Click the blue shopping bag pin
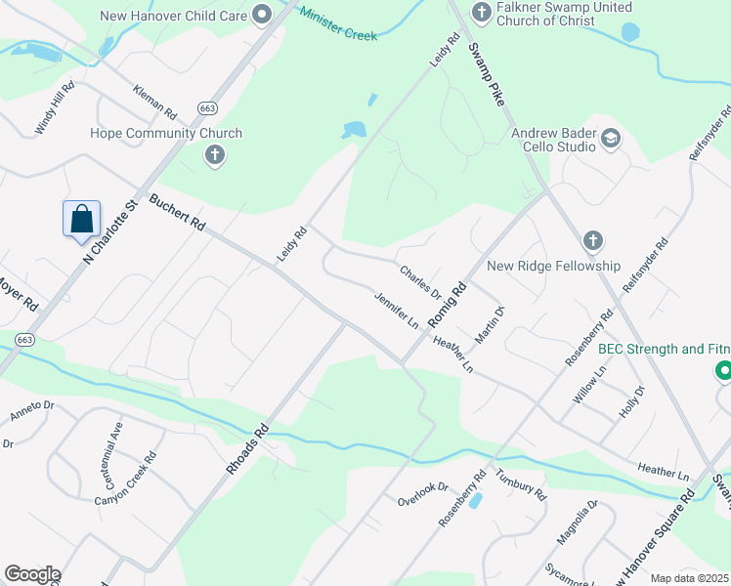point(83,219)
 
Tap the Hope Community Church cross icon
point(214,154)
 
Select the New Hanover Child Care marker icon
point(261,15)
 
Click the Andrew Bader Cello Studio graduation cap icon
point(611,137)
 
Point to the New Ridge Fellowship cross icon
point(591,240)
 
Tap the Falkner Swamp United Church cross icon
point(480,12)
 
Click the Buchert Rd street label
point(177,212)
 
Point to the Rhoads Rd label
point(247,448)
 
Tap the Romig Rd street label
point(449,303)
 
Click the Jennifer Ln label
point(397,309)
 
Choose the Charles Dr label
point(421,280)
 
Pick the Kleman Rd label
point(155,100)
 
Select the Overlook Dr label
point(422,494)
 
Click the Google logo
point(32,574)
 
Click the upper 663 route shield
point(206,107)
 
